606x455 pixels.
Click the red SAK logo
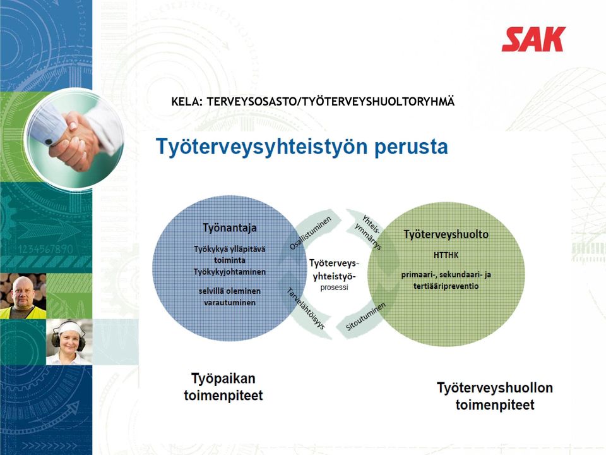pos(533,39)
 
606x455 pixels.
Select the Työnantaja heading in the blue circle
pos(230,228)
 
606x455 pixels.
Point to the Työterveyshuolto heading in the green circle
pos(446,234)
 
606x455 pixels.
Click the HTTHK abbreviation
pos(446,255)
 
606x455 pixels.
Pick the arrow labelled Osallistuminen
pos(314,231)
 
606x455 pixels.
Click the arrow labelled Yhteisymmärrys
pos(367,231)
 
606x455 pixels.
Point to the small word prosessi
pos(334,288)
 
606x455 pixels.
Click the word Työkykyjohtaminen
pos(230,272)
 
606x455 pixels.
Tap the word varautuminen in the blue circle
pos(230,303)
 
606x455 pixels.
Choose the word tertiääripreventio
pos(446,286)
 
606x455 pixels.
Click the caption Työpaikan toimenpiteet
pos(223,387)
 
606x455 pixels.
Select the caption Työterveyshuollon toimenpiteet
pos(495,396)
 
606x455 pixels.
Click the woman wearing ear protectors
pos(69,342)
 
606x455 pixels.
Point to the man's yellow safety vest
pos(23,312)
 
